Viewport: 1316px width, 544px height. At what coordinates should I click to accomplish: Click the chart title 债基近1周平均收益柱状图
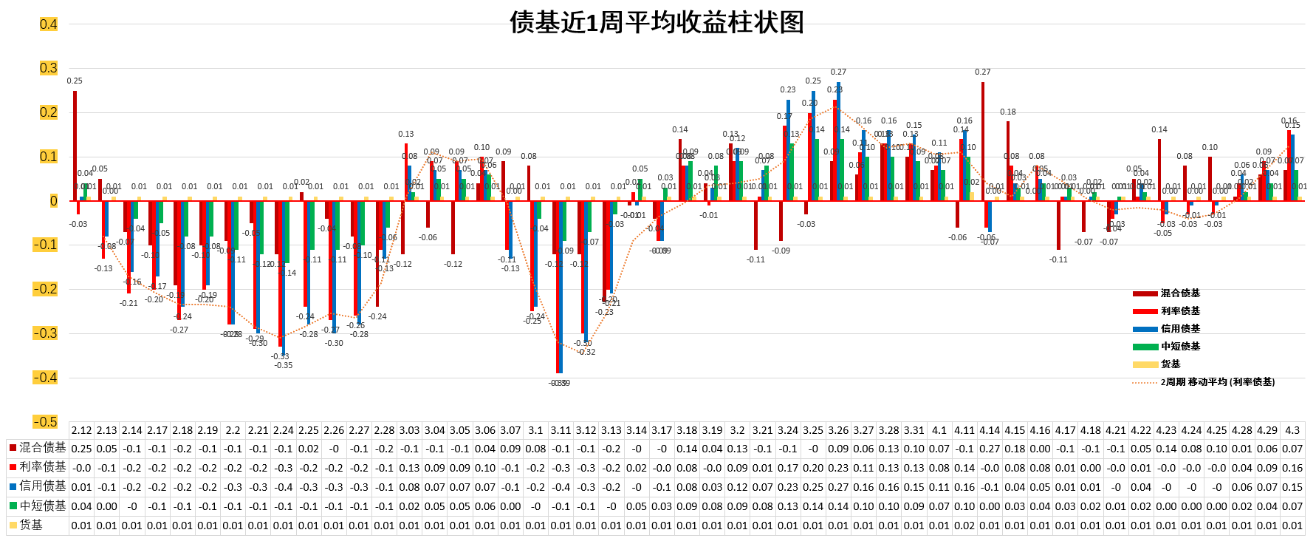(657, 22)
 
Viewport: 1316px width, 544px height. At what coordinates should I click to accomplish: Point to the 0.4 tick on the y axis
(48, 24)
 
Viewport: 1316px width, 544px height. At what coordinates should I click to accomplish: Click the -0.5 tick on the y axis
(46, 422)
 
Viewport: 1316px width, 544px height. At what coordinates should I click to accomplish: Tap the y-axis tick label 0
(53, 201)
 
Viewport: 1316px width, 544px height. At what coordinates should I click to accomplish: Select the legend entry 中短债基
(1180, 347)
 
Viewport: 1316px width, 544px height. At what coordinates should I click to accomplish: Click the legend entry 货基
(1171, 364)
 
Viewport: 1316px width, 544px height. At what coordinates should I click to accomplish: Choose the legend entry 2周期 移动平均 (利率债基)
(1217, 382)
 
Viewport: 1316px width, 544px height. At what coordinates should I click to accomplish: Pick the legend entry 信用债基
(1180, 329)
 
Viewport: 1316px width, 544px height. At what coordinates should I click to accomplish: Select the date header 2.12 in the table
(81, 430)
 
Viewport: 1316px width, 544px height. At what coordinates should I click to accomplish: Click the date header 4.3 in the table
(1292, 430)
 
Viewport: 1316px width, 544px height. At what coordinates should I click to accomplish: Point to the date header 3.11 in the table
(561, 430)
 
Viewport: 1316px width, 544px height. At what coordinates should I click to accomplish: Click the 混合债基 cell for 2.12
(81, 449)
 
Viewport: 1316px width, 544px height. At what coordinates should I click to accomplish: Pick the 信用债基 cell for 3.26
(838, 487)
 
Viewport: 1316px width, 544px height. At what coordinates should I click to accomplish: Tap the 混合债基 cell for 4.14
(990, 449)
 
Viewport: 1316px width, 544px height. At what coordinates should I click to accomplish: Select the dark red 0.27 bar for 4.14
(982, 141)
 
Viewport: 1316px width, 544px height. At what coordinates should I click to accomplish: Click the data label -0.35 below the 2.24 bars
(284, 365)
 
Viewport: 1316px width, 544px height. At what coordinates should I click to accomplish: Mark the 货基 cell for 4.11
(964, 526)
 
